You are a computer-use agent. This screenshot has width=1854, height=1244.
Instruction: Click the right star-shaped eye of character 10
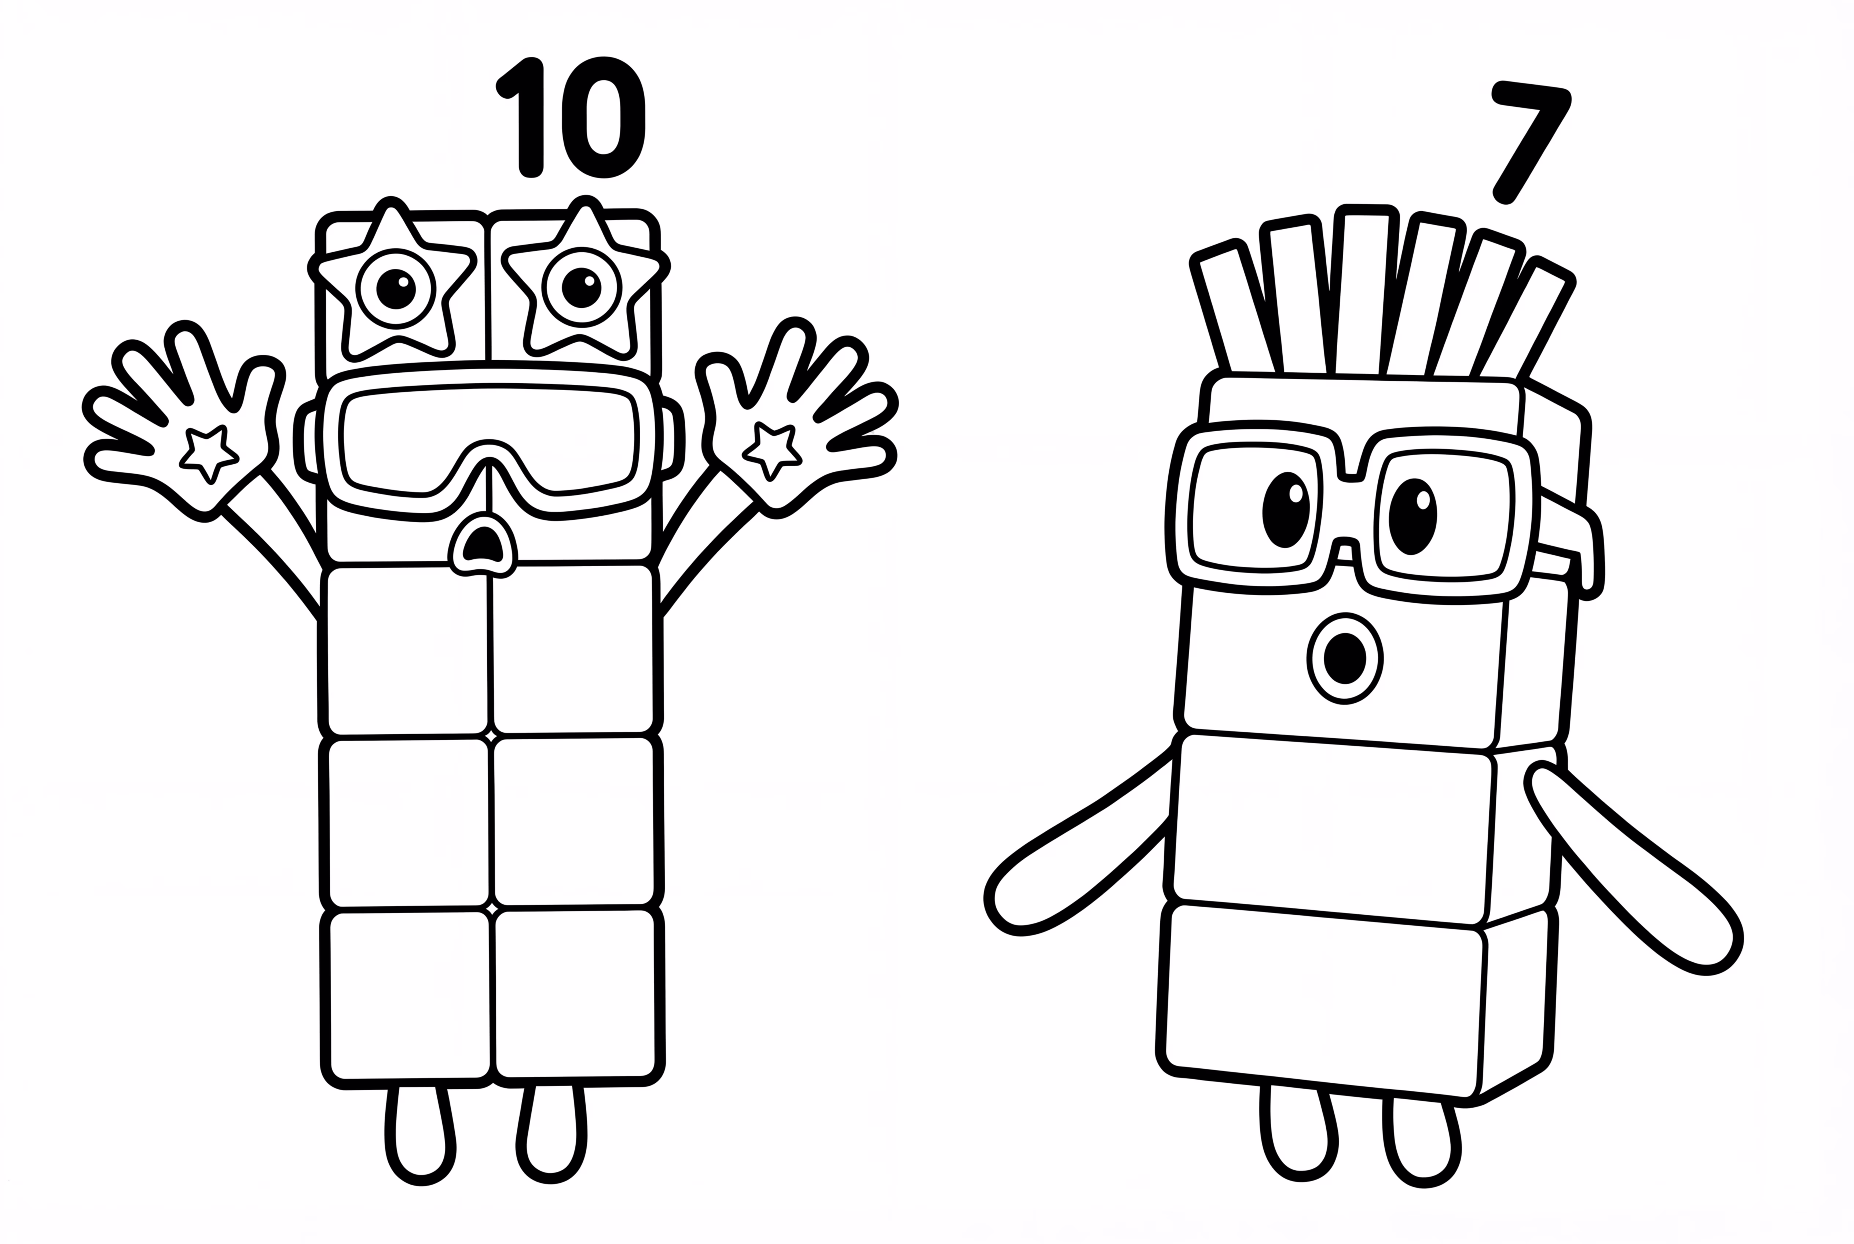click(582, 287)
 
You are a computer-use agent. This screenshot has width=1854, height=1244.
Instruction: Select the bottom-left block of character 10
click(408, 996)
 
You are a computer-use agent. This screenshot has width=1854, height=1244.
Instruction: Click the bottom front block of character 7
click(1321, 1004)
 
